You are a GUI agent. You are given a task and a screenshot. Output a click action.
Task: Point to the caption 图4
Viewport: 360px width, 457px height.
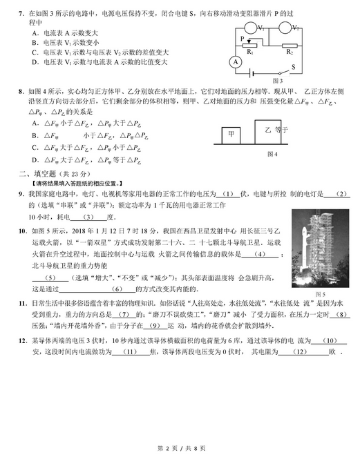(x=271, y=154)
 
